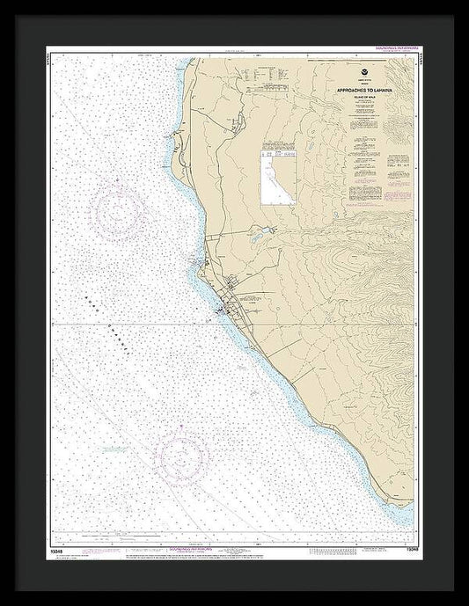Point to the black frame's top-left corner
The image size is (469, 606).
pyautogui.click(x=4, y=4)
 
